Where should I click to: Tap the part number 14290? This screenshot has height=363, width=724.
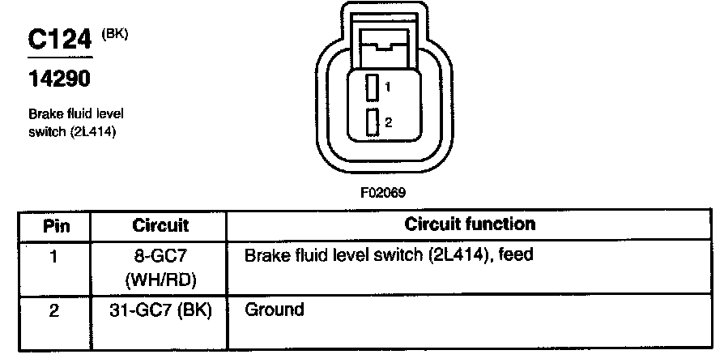[x=59, y=79]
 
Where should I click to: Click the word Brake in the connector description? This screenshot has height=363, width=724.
[x=41, y=113]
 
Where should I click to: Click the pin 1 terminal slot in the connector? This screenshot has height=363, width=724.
[x=373, y=86]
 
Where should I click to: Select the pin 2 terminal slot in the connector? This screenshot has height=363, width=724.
[x=373, y=123]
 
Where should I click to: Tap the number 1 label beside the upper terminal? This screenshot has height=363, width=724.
[x=389, y=86]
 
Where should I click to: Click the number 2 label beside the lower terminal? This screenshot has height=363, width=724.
[x=389, y=122]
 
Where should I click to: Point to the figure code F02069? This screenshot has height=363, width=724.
[x=383, y=194]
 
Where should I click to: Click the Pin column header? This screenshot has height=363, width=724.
[x=55, y=224]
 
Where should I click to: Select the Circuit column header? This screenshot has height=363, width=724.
[x=160, y=224]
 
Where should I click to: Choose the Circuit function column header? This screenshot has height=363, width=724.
[x=470, y=224]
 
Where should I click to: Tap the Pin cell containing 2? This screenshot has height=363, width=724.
[x=54, y=310]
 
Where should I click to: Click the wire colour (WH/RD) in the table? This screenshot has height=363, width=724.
[x=160, y=279]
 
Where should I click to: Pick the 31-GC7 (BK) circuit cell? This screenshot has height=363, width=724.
[x=160, y=310]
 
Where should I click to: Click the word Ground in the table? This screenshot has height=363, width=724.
[x=274, y=310]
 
